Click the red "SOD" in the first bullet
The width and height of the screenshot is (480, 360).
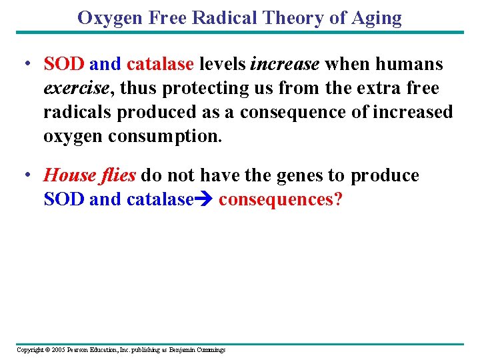(64, 64)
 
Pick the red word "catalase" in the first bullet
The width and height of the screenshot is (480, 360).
(160, 64)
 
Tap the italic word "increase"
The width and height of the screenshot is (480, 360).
(285, 64)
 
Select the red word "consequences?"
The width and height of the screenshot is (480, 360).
(280, 199)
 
